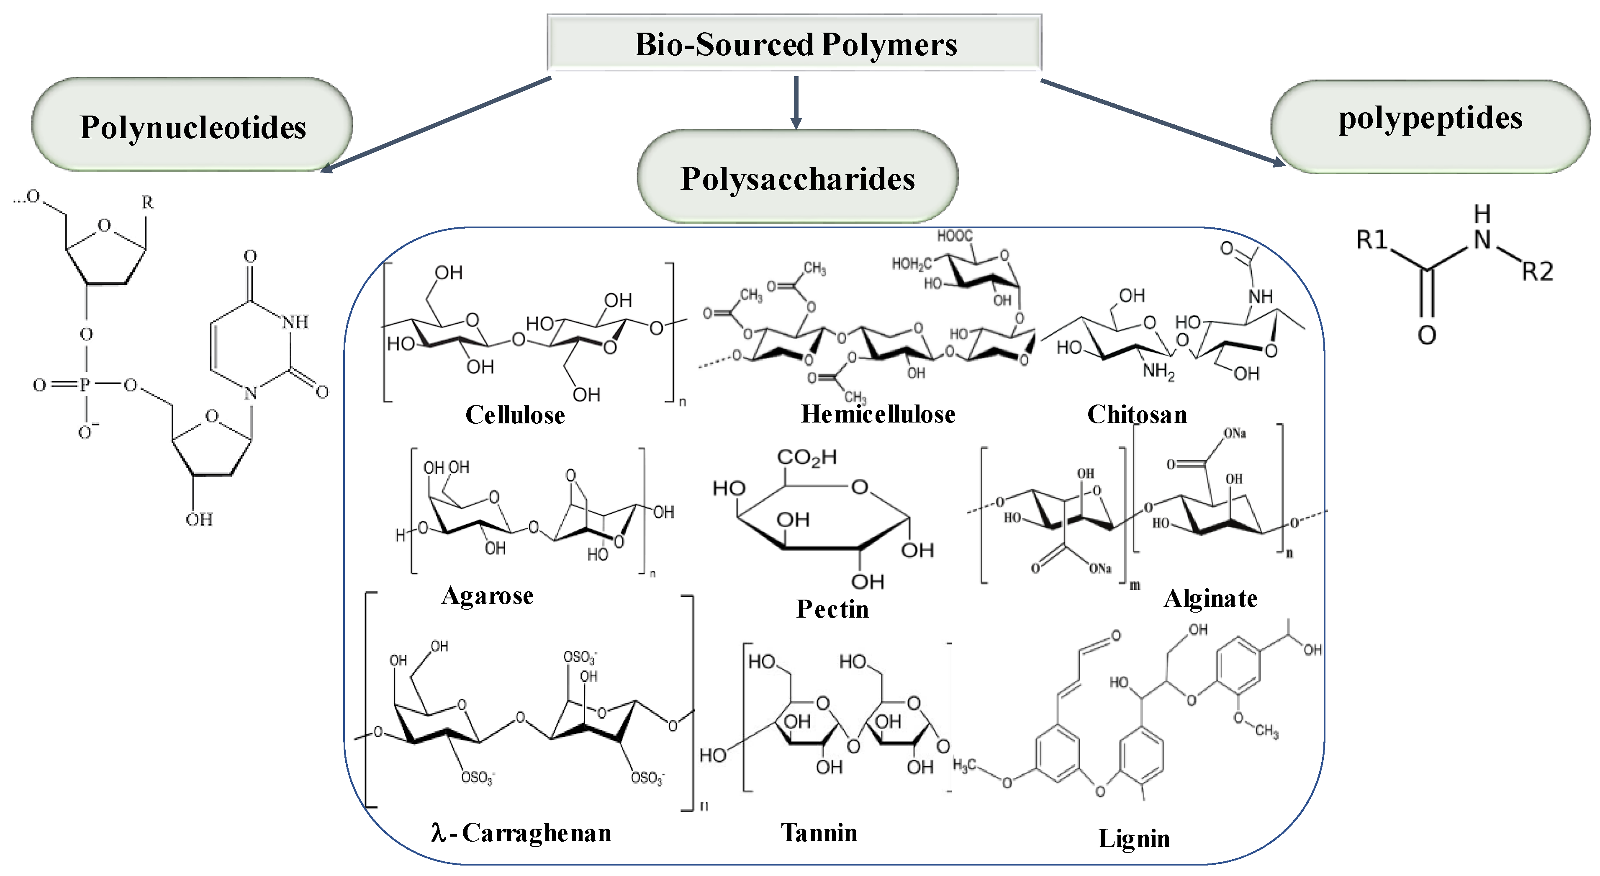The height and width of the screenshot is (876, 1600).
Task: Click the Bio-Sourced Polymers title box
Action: tap(794, 44)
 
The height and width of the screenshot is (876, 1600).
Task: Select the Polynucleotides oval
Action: tap(193, 126)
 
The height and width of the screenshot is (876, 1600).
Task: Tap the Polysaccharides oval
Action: tap(798, 178)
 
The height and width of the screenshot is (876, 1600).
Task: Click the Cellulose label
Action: tap(515, 415)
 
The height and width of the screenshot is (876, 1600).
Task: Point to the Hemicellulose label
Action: tap(878, 414)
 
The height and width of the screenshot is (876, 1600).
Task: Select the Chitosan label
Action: tap(1137, 415)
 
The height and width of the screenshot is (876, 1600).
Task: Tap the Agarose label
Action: tap(488, 595)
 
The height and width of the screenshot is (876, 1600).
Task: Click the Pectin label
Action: tap(832, 609)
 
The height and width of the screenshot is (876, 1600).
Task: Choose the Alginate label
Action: tap(1210, 598)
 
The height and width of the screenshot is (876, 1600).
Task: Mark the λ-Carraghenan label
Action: tap(521, 832)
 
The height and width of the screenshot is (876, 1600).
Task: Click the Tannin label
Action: tap(819, 832)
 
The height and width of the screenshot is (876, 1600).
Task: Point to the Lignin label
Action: tap(1134, 839)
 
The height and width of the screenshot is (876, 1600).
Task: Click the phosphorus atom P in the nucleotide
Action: tap(85, 385)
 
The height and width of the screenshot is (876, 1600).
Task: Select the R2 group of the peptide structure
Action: tap(1537, 271)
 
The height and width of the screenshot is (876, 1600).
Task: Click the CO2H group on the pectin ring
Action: tap(807, 458)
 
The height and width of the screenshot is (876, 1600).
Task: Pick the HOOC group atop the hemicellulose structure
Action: tap(955, 236)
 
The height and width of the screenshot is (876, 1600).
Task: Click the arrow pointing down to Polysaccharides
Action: tap(796, 103)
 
